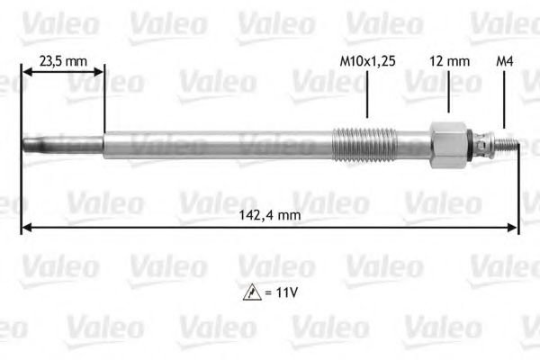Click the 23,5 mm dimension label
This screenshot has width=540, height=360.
click(x=63, y=62)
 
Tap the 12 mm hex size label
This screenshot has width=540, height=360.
click(x=447, y=62)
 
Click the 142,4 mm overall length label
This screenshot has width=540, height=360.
click(x=270, y=215)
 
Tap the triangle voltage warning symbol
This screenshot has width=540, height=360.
click(x=248, y=292)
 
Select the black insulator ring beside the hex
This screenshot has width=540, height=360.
click(x=471, y=143)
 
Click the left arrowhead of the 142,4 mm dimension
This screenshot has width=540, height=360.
click(x=26, y=229)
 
